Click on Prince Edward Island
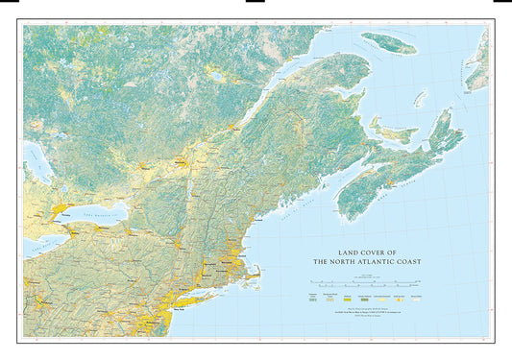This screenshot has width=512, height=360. point(394,132)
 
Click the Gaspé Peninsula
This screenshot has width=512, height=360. point(331,82)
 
